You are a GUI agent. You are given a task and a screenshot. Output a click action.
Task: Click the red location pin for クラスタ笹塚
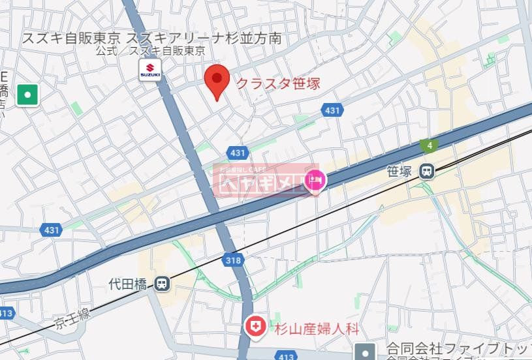217,81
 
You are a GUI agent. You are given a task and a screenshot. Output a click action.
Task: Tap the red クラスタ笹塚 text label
277,84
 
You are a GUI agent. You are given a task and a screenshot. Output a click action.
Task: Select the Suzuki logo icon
149,70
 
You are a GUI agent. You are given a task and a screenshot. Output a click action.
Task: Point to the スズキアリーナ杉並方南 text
204,38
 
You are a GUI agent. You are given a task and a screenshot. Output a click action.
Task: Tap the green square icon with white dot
27,95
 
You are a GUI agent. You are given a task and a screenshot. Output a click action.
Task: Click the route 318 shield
235,260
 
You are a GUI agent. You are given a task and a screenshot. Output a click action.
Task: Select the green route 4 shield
430,145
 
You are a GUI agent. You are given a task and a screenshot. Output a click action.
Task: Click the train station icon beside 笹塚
428,172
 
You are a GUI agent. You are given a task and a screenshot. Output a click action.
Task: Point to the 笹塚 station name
399,172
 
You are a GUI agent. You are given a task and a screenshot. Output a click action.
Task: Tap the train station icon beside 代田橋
162,284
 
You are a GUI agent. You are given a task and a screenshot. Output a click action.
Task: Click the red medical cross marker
255,325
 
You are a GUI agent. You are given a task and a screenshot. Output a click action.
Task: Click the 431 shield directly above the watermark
238,153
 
